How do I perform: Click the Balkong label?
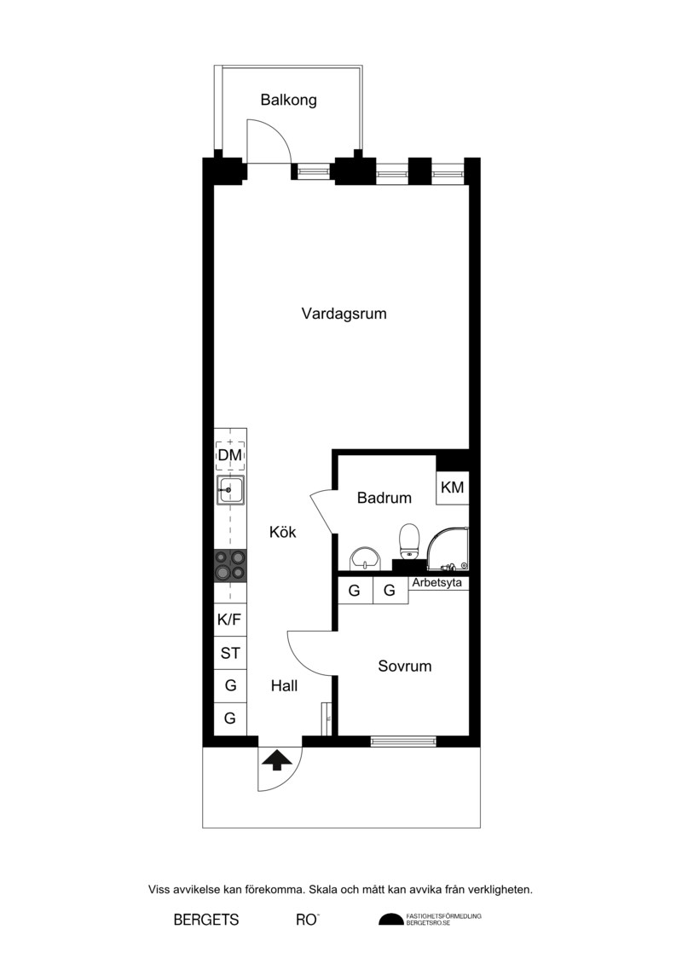pyautogui.click(x=288, y=100)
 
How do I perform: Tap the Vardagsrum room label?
pyautogui.click(x=344, y=314)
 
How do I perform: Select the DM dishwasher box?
pyautogui.click(x=230, y=455)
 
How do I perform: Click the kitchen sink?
pyautogui.click(x=230, y=490)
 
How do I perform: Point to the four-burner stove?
pyautogui.click(x=230, y=566)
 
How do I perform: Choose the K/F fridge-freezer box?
pyautogui.click(x=229, y=619)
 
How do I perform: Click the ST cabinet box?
pyautogui.click(x=230, y=653)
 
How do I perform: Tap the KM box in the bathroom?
pyautogui.click(x=453, y=488)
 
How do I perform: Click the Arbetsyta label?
pyautogui.click(x=436, y=583)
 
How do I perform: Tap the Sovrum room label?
pyautogui.click(x=405, y=666)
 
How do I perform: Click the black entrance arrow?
pyautogui.click(x=277, y=760)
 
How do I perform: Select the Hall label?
pyautogui.click(x=284, y=685)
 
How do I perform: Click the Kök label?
pyautogui.click(x=283, y=532)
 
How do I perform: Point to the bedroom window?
pyautogui.click(x=403, y=742)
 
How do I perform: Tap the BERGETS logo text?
pyautogui.click(x=206, y=920)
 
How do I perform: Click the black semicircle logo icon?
pyautogui.click(x=390, y=919)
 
